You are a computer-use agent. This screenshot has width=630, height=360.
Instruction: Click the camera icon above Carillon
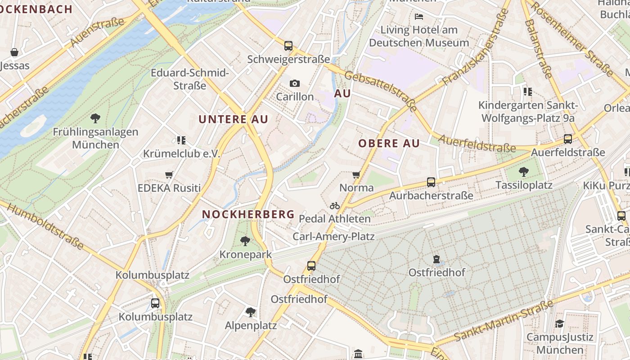coord(295,83)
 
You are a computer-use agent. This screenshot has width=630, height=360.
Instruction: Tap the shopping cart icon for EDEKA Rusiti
coord(169,175)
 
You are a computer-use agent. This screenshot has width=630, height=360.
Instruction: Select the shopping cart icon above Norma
coord(356,174)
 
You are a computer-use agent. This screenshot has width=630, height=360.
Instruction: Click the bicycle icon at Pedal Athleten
coord(335,206)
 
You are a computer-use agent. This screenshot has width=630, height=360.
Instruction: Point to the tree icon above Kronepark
coord(245,241)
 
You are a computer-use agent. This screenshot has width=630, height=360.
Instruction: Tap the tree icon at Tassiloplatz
coord(523,171)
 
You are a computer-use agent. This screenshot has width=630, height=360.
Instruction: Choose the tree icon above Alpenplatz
coord(251,312)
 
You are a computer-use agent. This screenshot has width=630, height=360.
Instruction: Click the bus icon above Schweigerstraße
coord(288,45)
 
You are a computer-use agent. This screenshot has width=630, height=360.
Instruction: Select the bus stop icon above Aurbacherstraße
coord(431,182)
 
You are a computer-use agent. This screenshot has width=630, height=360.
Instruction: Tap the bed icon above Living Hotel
coord(419,17)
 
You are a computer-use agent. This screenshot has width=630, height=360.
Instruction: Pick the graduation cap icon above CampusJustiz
coord(559,324)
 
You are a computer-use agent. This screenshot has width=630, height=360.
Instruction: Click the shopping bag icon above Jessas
coord(14,52)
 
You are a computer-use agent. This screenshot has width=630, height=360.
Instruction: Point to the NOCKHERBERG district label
coord(248,214)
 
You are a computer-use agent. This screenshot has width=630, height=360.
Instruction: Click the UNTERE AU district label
coord(233,119)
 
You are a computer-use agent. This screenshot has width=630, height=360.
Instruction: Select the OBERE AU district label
coord(389,144)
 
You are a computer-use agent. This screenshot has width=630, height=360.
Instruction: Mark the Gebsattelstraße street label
coord(381,90)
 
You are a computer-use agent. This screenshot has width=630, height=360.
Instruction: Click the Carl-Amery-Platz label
coord(333,236)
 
